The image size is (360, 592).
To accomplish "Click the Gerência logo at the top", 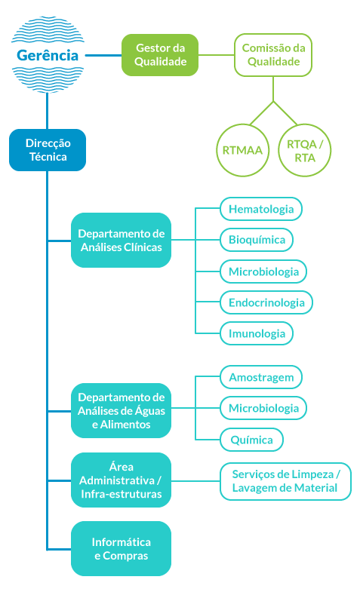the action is [x=48, y=55].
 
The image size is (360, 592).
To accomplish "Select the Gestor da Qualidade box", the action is [x=160, y=55].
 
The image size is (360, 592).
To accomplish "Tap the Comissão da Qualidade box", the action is [x=273, y=55].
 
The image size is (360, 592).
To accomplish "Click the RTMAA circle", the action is [x=242, y=150].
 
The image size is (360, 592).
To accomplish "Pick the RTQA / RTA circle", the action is [x=304, y=150].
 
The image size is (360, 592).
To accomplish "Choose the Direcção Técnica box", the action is [x=48, y=150].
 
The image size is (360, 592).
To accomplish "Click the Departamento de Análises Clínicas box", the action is [x=121, y=240].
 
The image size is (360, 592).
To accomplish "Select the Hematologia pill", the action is [x=261, y=209].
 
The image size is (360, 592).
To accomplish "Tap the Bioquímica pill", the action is [x=257, y=240].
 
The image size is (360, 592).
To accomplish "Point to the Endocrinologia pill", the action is [x=266, y=302].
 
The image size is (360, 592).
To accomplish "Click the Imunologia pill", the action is [x=257, y=333].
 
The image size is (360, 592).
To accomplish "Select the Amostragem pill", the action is [x=261, y=377].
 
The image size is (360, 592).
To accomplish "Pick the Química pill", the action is [x=251, y=440].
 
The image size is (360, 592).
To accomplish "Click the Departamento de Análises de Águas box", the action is [x=121, y=411].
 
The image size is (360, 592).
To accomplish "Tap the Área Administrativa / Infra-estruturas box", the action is [x=121, y=480].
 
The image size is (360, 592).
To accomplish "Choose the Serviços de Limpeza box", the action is [x=285, y=481].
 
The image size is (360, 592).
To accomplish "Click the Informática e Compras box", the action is [x=121, y=548].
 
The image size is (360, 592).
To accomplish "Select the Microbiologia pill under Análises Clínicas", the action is [x=263, y=271].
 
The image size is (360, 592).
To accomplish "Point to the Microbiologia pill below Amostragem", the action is [x=263, y=408].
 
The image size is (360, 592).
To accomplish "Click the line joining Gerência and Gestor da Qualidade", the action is [x=103, y=55].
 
